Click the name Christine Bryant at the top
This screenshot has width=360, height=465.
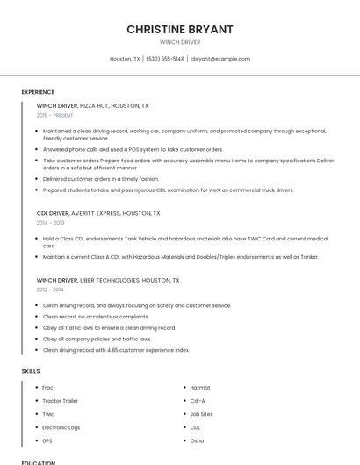pos(180,29)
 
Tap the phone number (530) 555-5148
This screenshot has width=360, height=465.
pos(165,59)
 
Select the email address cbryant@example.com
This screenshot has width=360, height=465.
pos(220,59)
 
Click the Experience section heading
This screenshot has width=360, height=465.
pos(38,92)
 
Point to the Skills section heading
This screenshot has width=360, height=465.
pos(31,371)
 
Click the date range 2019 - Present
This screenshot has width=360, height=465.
pos(54,116)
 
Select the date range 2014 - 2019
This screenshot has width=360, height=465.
pos(50,223)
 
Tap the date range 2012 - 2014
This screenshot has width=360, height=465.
pos(50,290)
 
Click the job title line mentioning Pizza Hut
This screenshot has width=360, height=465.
pos(92,105)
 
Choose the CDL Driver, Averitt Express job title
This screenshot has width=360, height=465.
pos(98,213)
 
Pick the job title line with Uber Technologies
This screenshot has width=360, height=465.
pos(108,280)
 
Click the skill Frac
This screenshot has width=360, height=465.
pos(48,388)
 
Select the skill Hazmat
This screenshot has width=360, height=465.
pos(200,388)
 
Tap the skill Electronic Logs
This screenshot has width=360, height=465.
pos(60,427)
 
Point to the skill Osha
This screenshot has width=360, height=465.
pos(197,440)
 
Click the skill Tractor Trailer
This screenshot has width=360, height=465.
pos(60,401)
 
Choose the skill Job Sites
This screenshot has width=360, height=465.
pos(201,414)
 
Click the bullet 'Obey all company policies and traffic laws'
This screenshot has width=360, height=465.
pos(97,339)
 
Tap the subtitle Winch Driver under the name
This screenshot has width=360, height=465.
pos(180,42)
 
